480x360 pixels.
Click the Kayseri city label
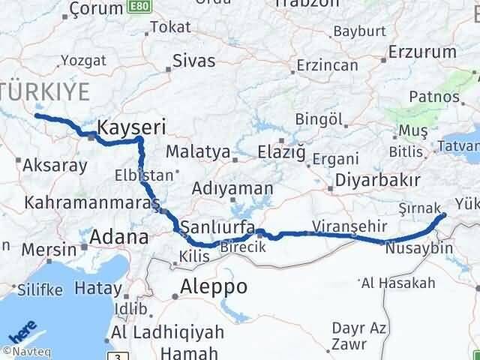[x=133, y=126]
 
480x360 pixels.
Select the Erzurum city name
[x=422, y=52]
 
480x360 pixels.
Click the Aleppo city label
[x=214, y=286]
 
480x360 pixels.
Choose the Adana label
[x=118, y=238]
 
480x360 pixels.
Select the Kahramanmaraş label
[x=92, y=203]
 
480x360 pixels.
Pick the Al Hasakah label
[x=398, y=283]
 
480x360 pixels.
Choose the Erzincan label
[x=326, y=65]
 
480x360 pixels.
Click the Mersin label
[x=49, y=248]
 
